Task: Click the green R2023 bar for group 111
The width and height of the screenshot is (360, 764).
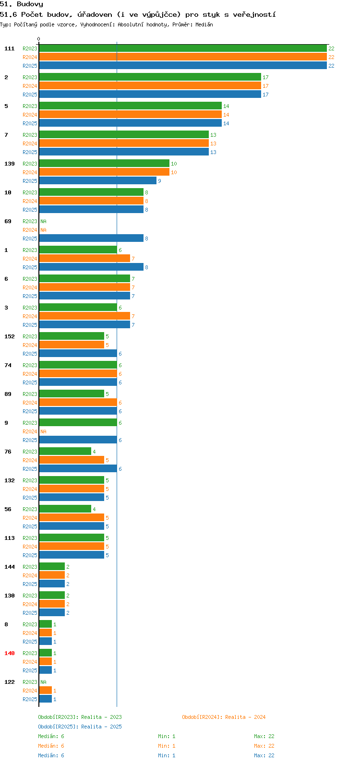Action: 183,48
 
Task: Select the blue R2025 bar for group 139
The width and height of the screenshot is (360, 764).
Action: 97,181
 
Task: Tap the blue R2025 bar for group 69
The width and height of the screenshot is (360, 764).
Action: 91,239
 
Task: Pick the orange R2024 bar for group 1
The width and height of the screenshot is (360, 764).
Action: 84,259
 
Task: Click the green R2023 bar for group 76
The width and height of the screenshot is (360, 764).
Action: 65,452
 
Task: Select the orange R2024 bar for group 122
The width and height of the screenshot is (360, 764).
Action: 46,691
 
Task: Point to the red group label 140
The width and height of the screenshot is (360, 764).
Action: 10,653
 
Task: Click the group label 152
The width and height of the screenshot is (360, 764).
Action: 10,336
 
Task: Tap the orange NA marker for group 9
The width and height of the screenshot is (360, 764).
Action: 43,431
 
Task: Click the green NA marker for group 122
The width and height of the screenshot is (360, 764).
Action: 43,682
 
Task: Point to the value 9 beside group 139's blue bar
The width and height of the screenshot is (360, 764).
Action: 159,181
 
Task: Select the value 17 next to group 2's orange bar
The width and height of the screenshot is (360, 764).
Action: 265,86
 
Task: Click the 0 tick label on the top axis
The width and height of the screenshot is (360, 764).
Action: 38,39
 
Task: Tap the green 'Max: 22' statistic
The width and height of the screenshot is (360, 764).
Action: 264,736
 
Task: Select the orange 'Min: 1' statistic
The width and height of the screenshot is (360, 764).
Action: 167,746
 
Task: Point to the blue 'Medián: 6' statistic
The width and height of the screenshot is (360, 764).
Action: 51,755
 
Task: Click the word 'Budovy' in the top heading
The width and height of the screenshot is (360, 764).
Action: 30,4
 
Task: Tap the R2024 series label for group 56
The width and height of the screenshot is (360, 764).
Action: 30,518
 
